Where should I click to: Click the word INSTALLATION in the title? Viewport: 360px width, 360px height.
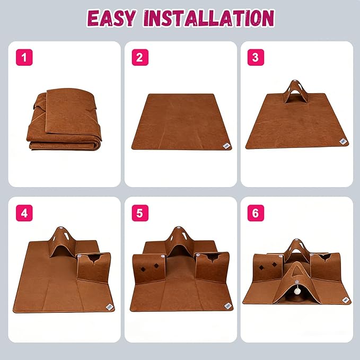(x=209, y=18)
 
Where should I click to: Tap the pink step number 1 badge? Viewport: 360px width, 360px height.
(x=24, y=57)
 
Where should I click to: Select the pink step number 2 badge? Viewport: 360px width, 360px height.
(x=140, y=57)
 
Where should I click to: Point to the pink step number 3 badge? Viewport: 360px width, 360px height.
(x=256, y=57)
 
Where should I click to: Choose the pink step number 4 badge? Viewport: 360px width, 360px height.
(x=24, y=213)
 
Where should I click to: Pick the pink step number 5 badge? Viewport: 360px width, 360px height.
(x=140, y=213)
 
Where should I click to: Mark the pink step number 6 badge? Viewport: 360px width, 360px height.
(x=256, y=213)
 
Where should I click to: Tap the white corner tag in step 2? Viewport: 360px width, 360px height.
(x=226, y=146)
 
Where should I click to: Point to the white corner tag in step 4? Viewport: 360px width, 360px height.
(x=110, y=306)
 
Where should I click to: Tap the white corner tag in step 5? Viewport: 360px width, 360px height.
(x=227, y=306)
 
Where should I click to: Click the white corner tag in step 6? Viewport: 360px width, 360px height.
(x=345, y=300)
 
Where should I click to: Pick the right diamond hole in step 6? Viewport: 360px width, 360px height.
(x=274, y=265)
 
